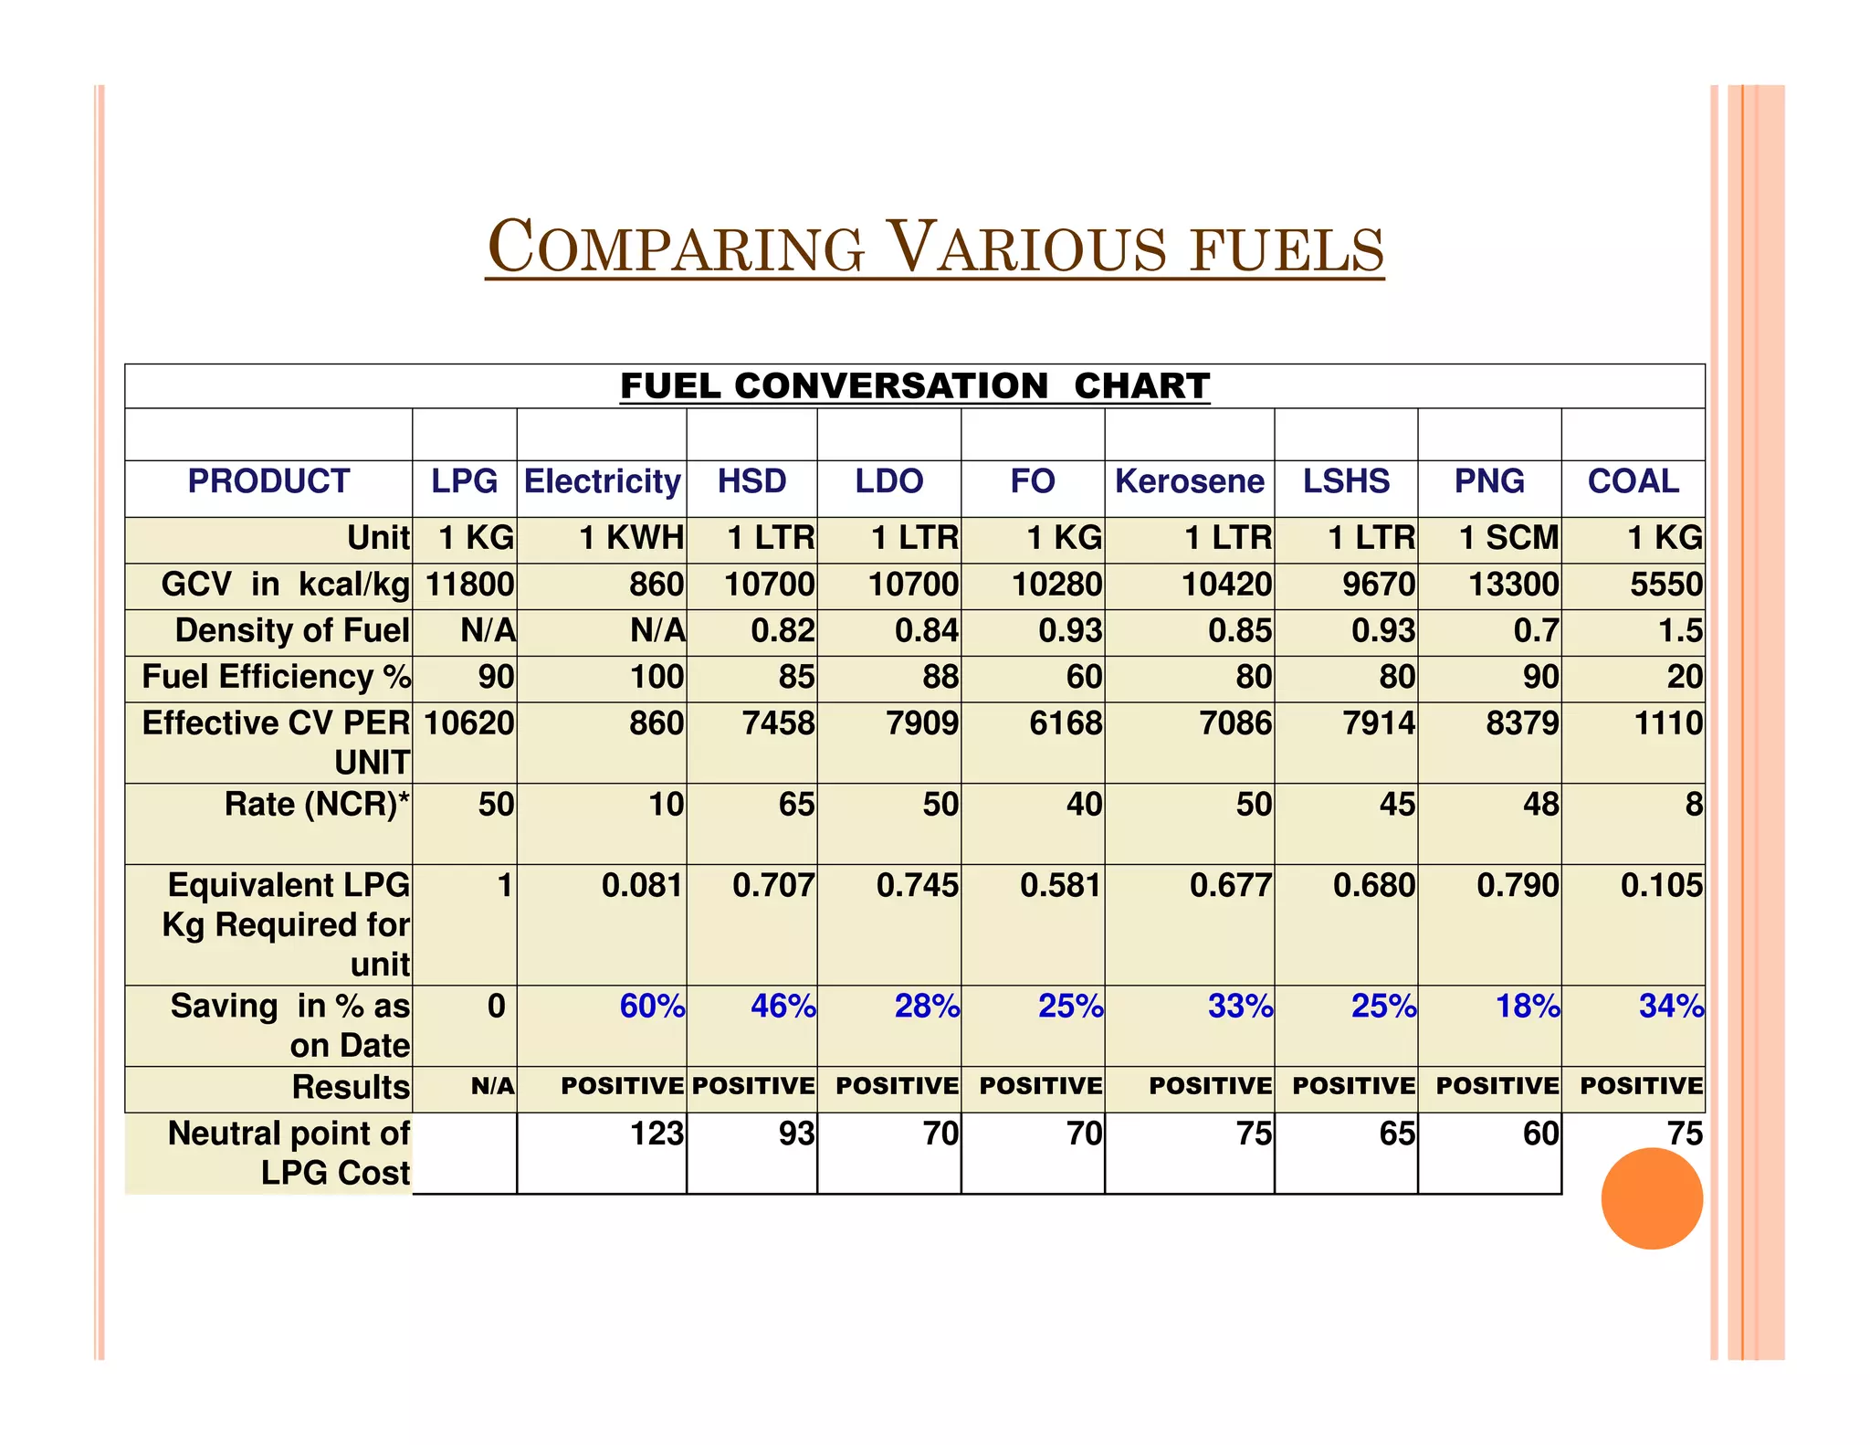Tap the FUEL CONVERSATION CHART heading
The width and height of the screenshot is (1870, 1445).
coord(915,386)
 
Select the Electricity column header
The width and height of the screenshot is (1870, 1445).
coord(602,481)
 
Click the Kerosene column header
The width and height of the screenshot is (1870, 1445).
coord(1189,481)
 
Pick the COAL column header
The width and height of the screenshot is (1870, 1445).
coord(1633,481)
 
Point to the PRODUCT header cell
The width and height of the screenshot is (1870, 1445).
coord(268,481)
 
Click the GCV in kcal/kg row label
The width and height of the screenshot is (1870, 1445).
coord(285,585)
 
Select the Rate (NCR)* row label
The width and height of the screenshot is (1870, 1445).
coord(317,805)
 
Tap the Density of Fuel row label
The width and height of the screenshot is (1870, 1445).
coord(292,631)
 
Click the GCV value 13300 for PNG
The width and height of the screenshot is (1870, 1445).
coord(1513,585)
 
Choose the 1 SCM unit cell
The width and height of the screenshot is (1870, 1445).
coord(1508,538)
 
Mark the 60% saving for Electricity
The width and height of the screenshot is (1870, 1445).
coord(652,1007)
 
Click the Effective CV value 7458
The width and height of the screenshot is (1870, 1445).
coord(778,723)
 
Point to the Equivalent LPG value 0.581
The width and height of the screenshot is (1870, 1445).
coord(1060,886)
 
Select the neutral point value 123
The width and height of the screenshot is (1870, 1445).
coord(657,1134)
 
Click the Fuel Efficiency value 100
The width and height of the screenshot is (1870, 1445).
coord(657,678)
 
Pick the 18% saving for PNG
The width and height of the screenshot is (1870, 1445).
coord(1527,1007)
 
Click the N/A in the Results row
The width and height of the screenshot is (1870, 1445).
coord(492,1087)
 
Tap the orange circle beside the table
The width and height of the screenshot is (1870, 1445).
coord(1651,1198)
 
